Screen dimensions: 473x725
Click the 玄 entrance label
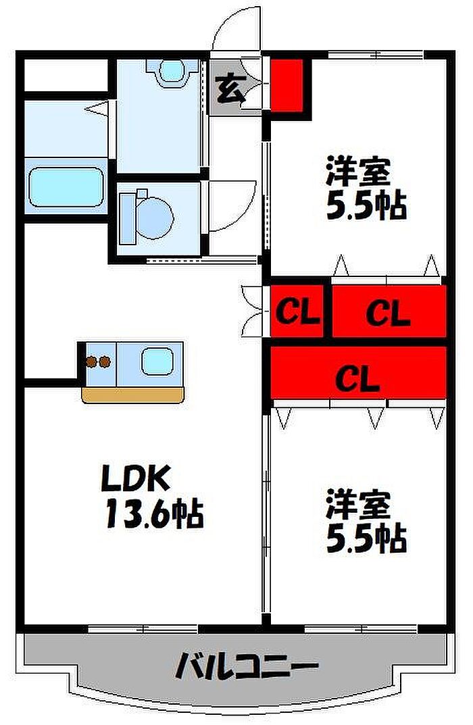(230, 88)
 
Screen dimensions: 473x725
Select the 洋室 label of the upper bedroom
(358, 171)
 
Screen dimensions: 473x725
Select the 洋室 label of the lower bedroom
(358, 505)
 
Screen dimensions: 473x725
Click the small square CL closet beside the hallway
(297, 311)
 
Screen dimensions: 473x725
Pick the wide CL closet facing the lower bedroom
(358, 372)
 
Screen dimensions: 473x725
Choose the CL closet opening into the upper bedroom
(389, 311)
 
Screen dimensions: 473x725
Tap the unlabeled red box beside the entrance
(287, 85)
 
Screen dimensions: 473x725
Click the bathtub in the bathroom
(66, 186)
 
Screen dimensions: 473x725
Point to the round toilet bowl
(155, 218)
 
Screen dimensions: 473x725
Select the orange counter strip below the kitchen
(132, 395)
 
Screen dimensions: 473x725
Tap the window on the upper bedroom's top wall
(376, 55)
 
